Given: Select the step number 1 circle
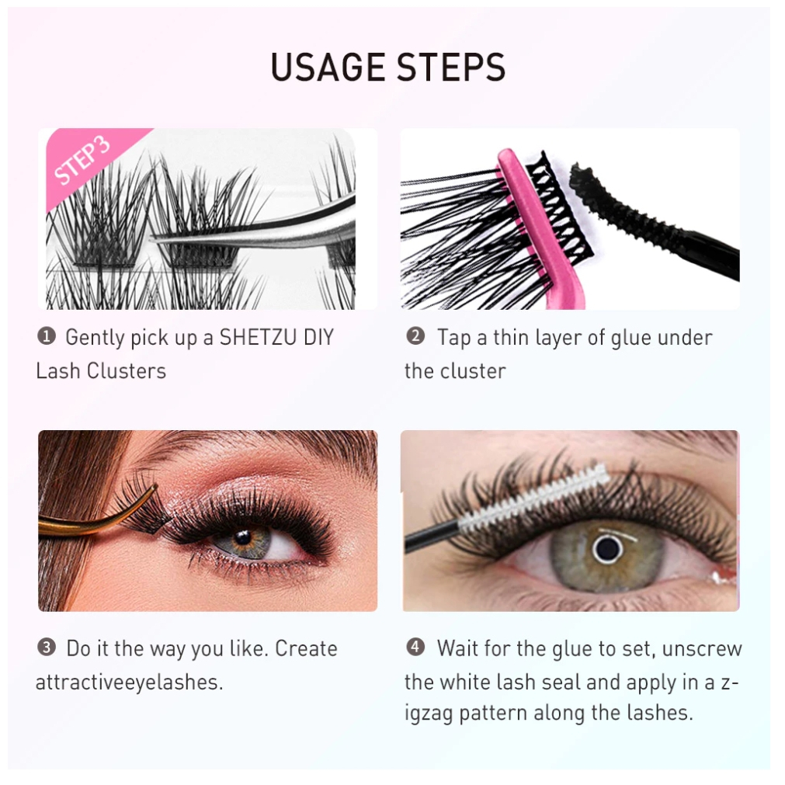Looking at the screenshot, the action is tap(47, 336).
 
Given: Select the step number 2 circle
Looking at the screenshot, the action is tap(415, 336).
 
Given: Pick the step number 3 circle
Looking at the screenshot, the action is tap(47, 648).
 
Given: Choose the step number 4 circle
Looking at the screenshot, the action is tap(415, 647).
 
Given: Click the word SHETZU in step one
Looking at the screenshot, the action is tap(259, 338).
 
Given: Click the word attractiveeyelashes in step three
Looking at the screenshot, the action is tap(129, 683).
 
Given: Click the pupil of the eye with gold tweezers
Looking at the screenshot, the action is tap(244, 538).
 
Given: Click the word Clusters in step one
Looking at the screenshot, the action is tap(126, 371).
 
